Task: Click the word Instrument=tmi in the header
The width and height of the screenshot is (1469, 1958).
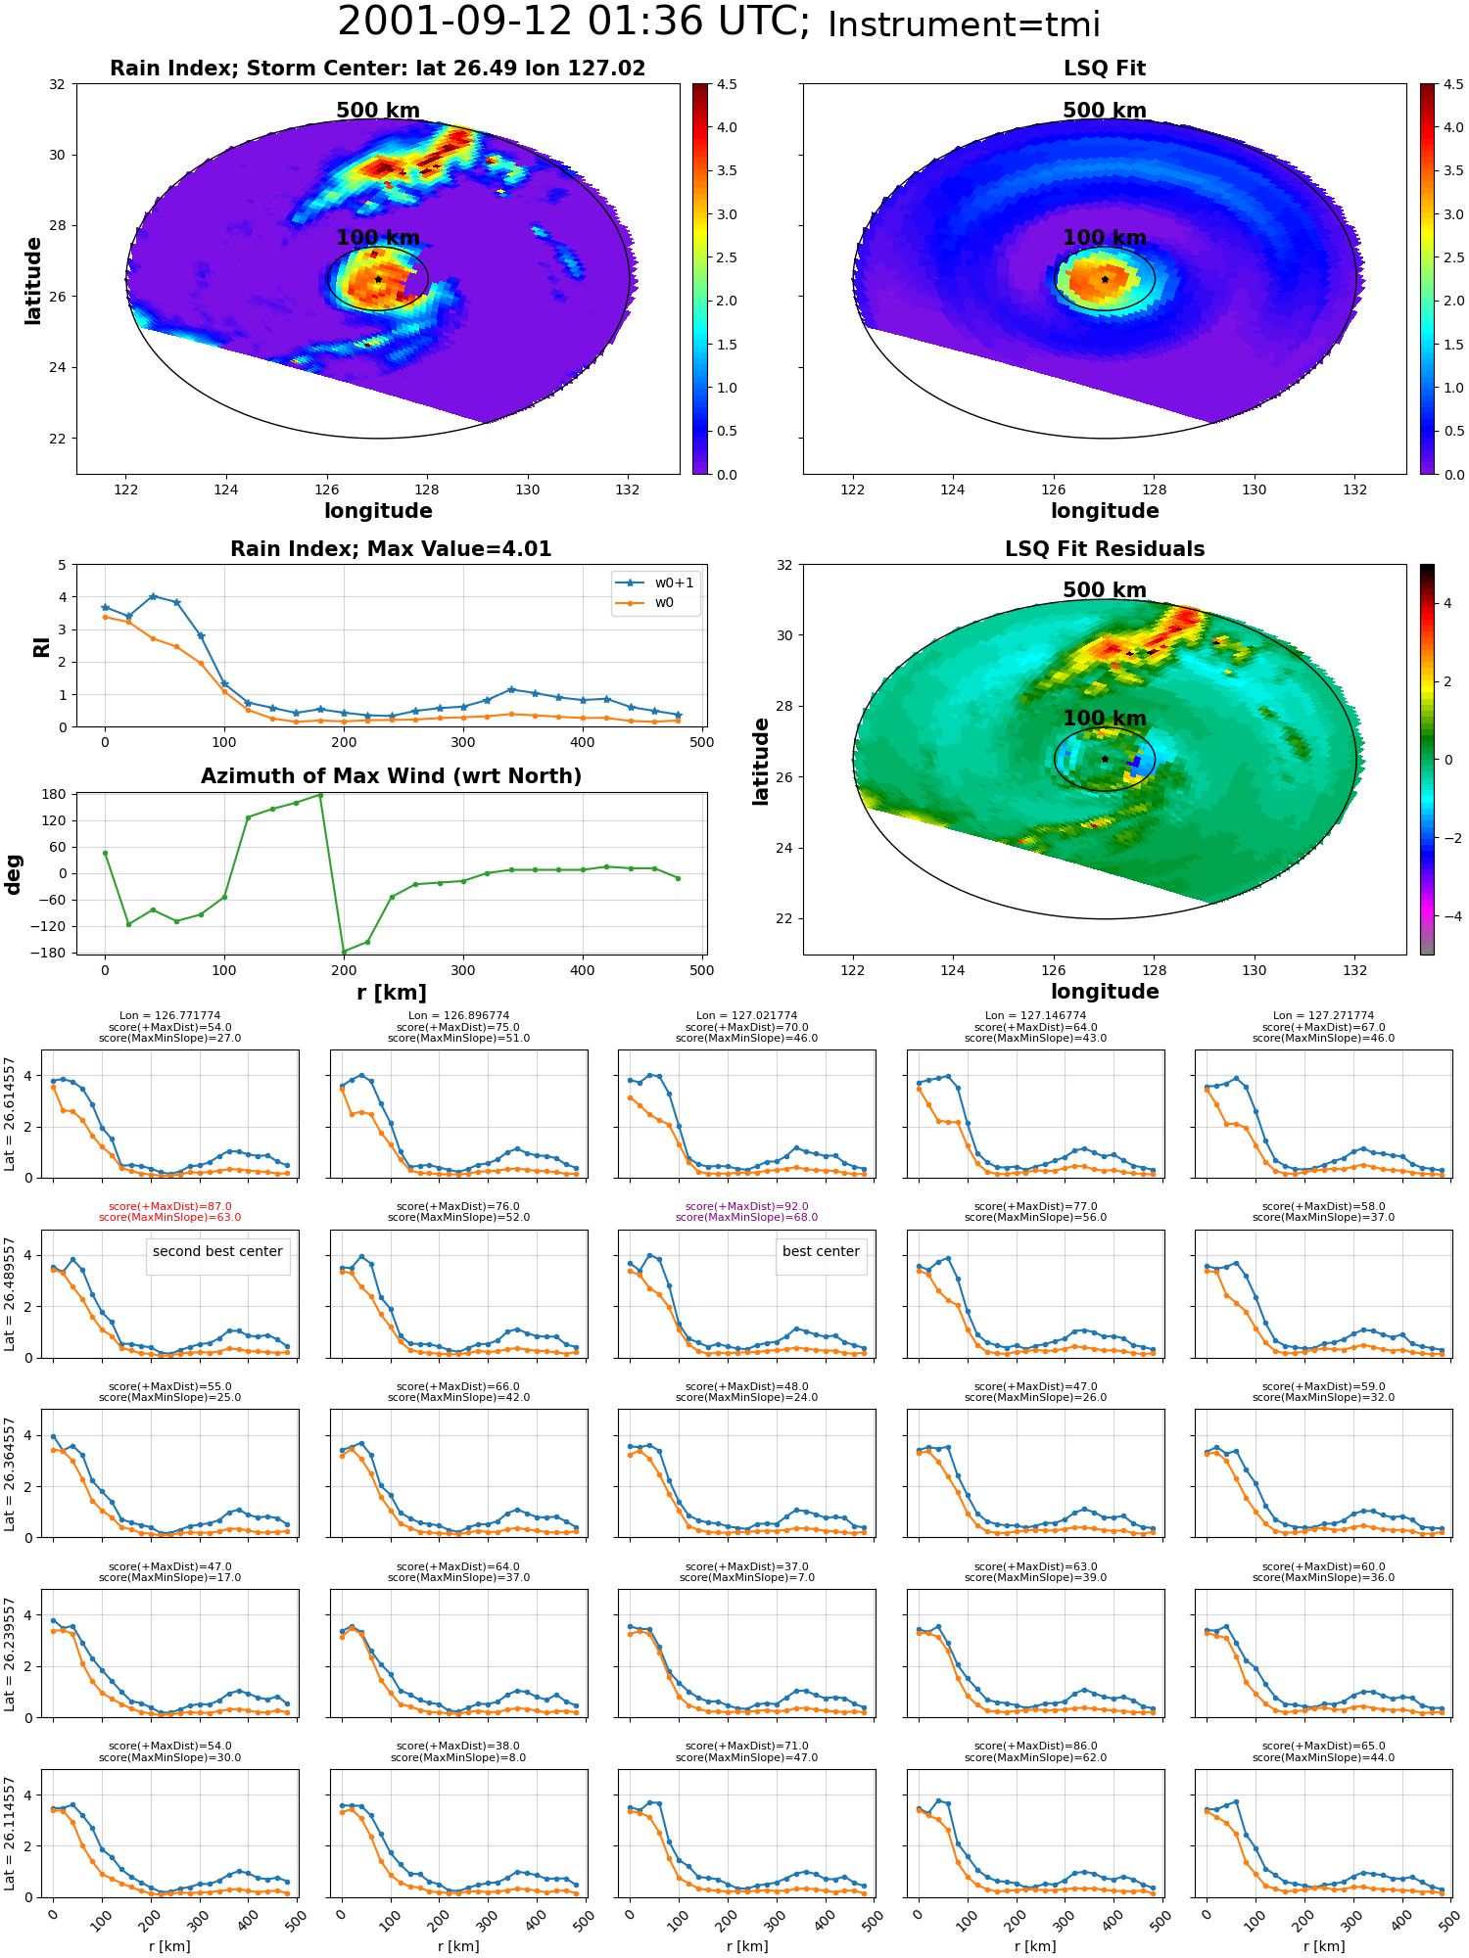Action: (964, 25)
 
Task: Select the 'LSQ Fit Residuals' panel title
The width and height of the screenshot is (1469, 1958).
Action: (1105, 549)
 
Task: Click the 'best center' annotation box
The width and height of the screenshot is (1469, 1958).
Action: (821, 1252)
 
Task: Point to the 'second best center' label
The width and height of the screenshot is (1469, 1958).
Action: (217, 1252)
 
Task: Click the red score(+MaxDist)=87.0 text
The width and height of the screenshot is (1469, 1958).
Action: (170, 1207)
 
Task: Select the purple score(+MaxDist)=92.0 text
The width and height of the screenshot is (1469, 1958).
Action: (747, 1207)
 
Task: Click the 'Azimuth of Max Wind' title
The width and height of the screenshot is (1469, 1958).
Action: (391, 776)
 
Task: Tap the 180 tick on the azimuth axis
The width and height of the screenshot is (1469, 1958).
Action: (55, 794)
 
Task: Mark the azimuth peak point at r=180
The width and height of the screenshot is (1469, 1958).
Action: (320, 795)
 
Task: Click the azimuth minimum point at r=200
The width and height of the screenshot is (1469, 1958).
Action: (344, 952)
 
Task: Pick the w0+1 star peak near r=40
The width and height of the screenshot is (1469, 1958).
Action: (153, 596)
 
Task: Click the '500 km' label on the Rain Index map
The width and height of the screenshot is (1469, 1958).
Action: (378, 111)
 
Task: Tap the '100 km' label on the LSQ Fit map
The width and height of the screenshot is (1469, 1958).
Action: (1105, 238)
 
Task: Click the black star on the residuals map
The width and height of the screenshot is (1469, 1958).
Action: (1105, 760)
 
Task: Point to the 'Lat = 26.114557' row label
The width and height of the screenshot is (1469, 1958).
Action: (10, 1834)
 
